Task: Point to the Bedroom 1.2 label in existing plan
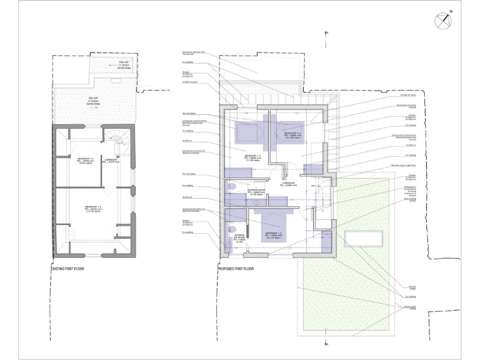(86, 161)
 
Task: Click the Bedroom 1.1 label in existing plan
(94, 207)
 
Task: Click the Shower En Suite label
(239, 238)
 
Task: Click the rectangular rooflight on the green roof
(365, 239)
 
